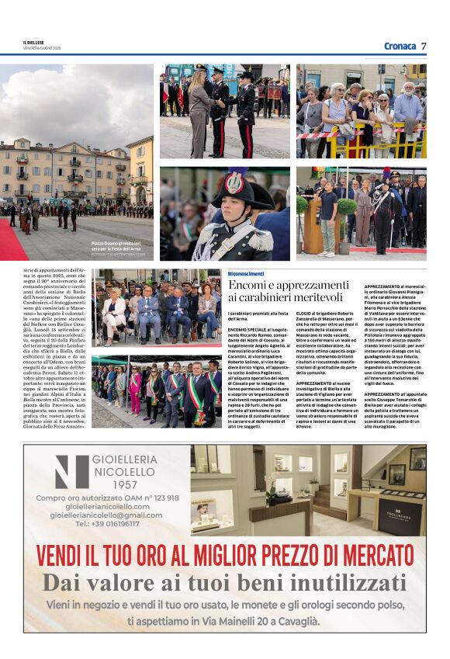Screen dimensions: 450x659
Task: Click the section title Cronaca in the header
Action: pos(400,47)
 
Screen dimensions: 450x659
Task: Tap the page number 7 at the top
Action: pos(424,47)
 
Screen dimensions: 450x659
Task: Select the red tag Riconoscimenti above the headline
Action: pos(246,274)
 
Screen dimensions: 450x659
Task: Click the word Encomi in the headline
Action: pos(248,285)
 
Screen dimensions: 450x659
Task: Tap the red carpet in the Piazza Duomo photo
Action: pos(12,241)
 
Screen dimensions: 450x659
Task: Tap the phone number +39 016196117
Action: pos(107,523)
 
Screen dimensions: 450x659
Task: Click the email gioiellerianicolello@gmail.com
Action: pos(106,515)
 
